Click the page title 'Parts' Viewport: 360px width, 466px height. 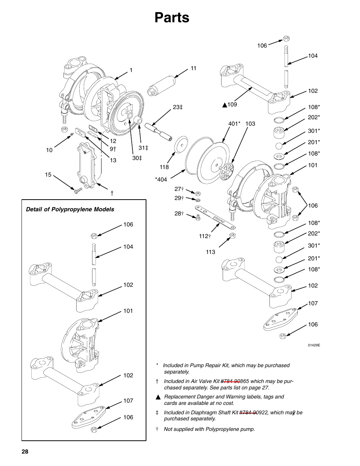pyautogui.click(x=172, y=18)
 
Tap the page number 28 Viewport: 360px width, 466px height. pyautogui.click(x=25, y=452)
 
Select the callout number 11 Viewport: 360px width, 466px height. pyautogui.click(x=194, y=68)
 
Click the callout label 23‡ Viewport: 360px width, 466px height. pyautogui.click(x=178, y=108)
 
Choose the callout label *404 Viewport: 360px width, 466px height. pyautogui.click(x=161, y=180)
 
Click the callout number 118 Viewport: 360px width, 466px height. pyautogui.click(x=164, y=167)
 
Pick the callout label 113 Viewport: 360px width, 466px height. pyautogui.click(x=211, y=252)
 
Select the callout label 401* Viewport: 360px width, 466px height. pyautogui.click(x=234, y=124)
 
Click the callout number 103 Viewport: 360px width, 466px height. pyautogui.click(x=250, y=124)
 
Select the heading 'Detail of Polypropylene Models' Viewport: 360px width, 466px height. pyautogui.click(x=70, y=209)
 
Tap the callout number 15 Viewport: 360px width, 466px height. pyautogui.click(x=48, y=175)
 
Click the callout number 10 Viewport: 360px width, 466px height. pyautogui.click(x=49, y=150)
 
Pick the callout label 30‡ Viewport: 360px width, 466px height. pyautogui.click(x=137, y=158)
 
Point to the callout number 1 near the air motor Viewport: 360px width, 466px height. pyautogui.click(x=131, y=70)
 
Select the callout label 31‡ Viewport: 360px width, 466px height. pyautogui.click(x=143, y=148)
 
